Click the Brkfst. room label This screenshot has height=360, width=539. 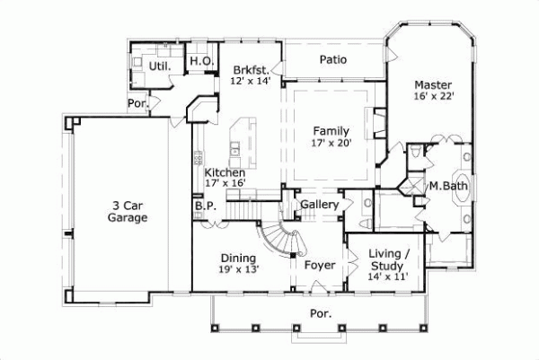coord(250,69)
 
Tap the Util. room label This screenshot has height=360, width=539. coord(160,66)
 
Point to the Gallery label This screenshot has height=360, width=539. coord(319,205)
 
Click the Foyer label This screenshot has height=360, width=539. coord(319,265)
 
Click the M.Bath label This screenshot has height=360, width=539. coord(446,186)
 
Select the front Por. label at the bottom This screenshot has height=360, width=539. coord(321,314)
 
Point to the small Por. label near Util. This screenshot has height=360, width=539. coord(137,103)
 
